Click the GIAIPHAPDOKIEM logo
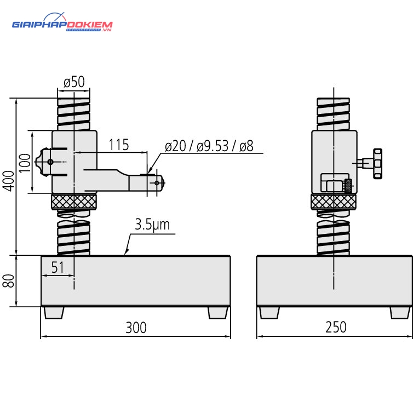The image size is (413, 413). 62,23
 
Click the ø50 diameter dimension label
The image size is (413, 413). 74,82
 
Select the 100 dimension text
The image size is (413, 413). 25,163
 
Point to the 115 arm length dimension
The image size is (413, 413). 119,145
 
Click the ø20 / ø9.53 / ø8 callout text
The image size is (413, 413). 209,146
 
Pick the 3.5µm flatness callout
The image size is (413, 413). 152,225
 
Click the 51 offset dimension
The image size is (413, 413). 58,268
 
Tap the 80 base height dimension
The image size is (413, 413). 9,280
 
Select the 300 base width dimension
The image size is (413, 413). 136,328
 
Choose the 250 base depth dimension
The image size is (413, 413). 336,327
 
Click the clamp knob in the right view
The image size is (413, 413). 377,164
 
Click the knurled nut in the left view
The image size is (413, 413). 74,202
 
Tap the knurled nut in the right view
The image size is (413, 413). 334,202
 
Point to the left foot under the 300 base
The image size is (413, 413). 54,313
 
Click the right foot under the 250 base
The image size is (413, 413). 400,313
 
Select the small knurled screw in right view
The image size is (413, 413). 348,186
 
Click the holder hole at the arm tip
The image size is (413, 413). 157,183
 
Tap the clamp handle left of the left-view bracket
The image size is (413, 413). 42,162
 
